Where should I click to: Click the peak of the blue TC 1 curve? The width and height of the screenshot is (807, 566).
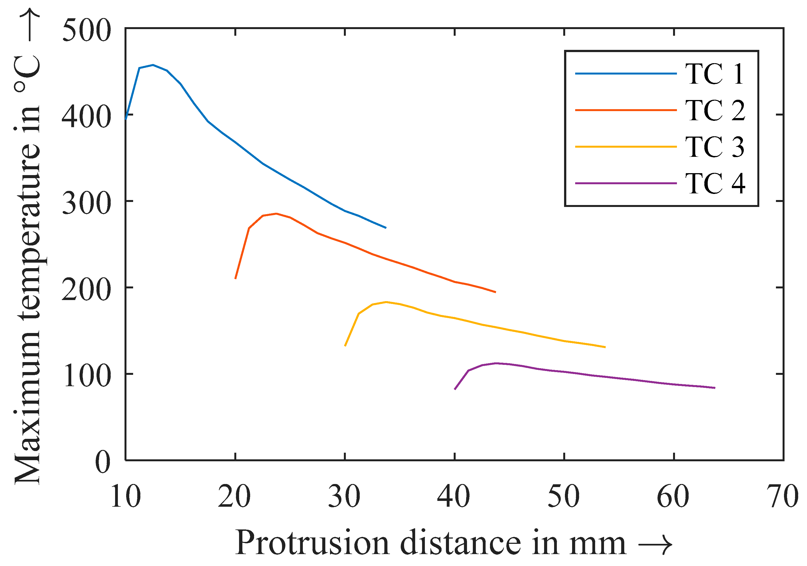[153, 65]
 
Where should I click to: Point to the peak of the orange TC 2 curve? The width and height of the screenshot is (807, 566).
[276, 214]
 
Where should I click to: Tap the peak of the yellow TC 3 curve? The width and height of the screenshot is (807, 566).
[386, 302]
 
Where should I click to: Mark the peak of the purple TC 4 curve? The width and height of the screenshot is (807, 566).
[496, 363]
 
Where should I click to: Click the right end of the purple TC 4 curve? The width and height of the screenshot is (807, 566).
[715, 388]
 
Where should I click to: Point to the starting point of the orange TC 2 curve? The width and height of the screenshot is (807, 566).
[235, 278]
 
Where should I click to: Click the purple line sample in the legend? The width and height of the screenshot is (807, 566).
[626, 183]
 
